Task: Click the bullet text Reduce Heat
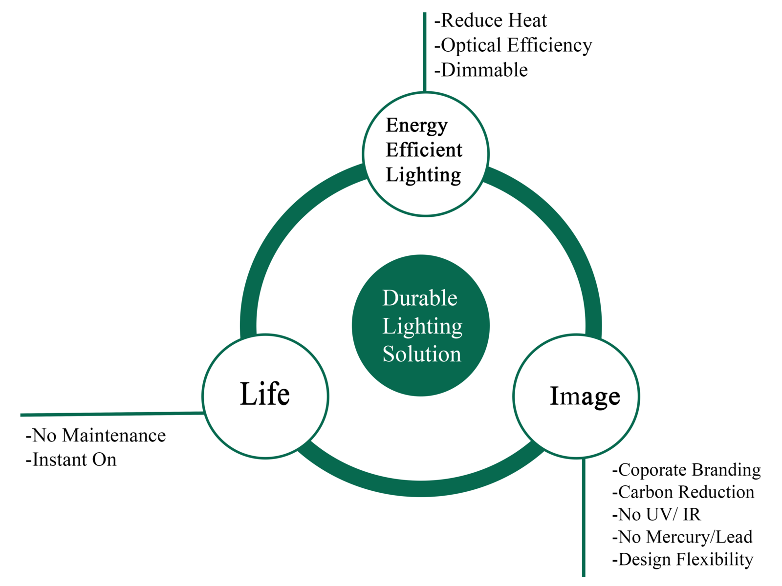tap(490, 21)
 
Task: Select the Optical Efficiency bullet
tap(513, 45)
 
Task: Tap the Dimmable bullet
tap(481, 70)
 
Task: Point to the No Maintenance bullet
tap(96, 435)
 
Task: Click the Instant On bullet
tap(71, 460)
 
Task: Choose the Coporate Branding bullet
tap(686, 470)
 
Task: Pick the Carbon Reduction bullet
tap(683, 492)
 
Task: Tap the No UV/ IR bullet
tap(656, 515)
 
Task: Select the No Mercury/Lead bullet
tap(682, 537)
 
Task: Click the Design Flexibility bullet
tap(682, 560)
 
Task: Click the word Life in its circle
tap(264, 394)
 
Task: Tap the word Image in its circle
tap(585, 396)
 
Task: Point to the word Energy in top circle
tap(416, 126)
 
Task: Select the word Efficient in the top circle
tap(424, 150)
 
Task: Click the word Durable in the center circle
tap(419, 298)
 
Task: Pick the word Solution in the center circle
tap(421, 354)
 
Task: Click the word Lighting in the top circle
tap(423, 175)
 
